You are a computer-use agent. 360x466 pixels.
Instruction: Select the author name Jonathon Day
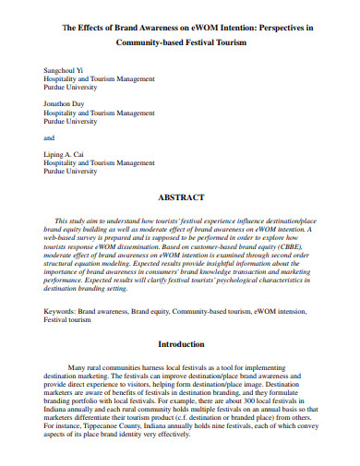pyautogui.click(x=63, y=104)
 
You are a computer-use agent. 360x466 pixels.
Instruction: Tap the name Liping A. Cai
pyautogui.click(x=63, y=154)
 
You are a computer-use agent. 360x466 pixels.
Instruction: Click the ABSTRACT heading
pyautogui.click(x=180, y=197)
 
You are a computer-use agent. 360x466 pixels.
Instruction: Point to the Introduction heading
pyautogui.click(x=180, y=343)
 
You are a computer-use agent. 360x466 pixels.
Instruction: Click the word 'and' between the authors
pyautogui.click(x=49, y=137)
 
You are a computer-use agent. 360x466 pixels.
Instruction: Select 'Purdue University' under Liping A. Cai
pyautogui.click(x=72, y=171)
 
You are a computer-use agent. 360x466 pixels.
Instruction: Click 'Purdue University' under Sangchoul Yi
pyautogui.click(x=72, y=88)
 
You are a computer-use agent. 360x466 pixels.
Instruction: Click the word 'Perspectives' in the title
pyautogui.click(x=275, y=29)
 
